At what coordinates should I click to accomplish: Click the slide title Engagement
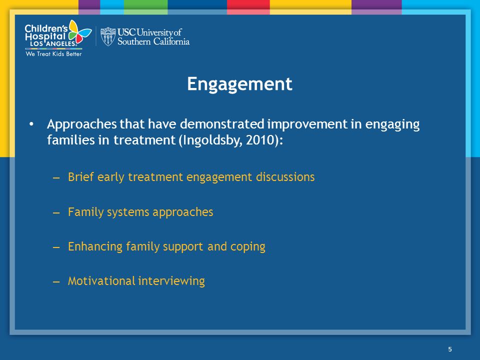(x=239, y=84)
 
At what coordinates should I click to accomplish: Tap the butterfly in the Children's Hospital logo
(x=79, y=31)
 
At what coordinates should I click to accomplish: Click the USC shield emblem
(x=108, y=36)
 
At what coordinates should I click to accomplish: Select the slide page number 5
(x=449, y=349)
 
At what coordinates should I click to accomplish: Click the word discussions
(x=285, y=177)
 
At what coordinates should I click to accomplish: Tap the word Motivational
(x=101, y=281)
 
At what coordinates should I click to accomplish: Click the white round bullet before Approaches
(x=31, y=124)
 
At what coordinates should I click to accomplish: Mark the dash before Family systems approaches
(x=56, y=212)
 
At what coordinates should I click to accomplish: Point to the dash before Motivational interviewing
(x=56, y=281)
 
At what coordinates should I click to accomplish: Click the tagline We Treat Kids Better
(x=53, y=54)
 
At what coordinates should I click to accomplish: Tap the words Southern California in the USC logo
(x=153, y=41)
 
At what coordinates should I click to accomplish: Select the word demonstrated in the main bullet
(x=222, y=124)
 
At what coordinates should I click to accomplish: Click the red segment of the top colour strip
(x=248, y=7)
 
